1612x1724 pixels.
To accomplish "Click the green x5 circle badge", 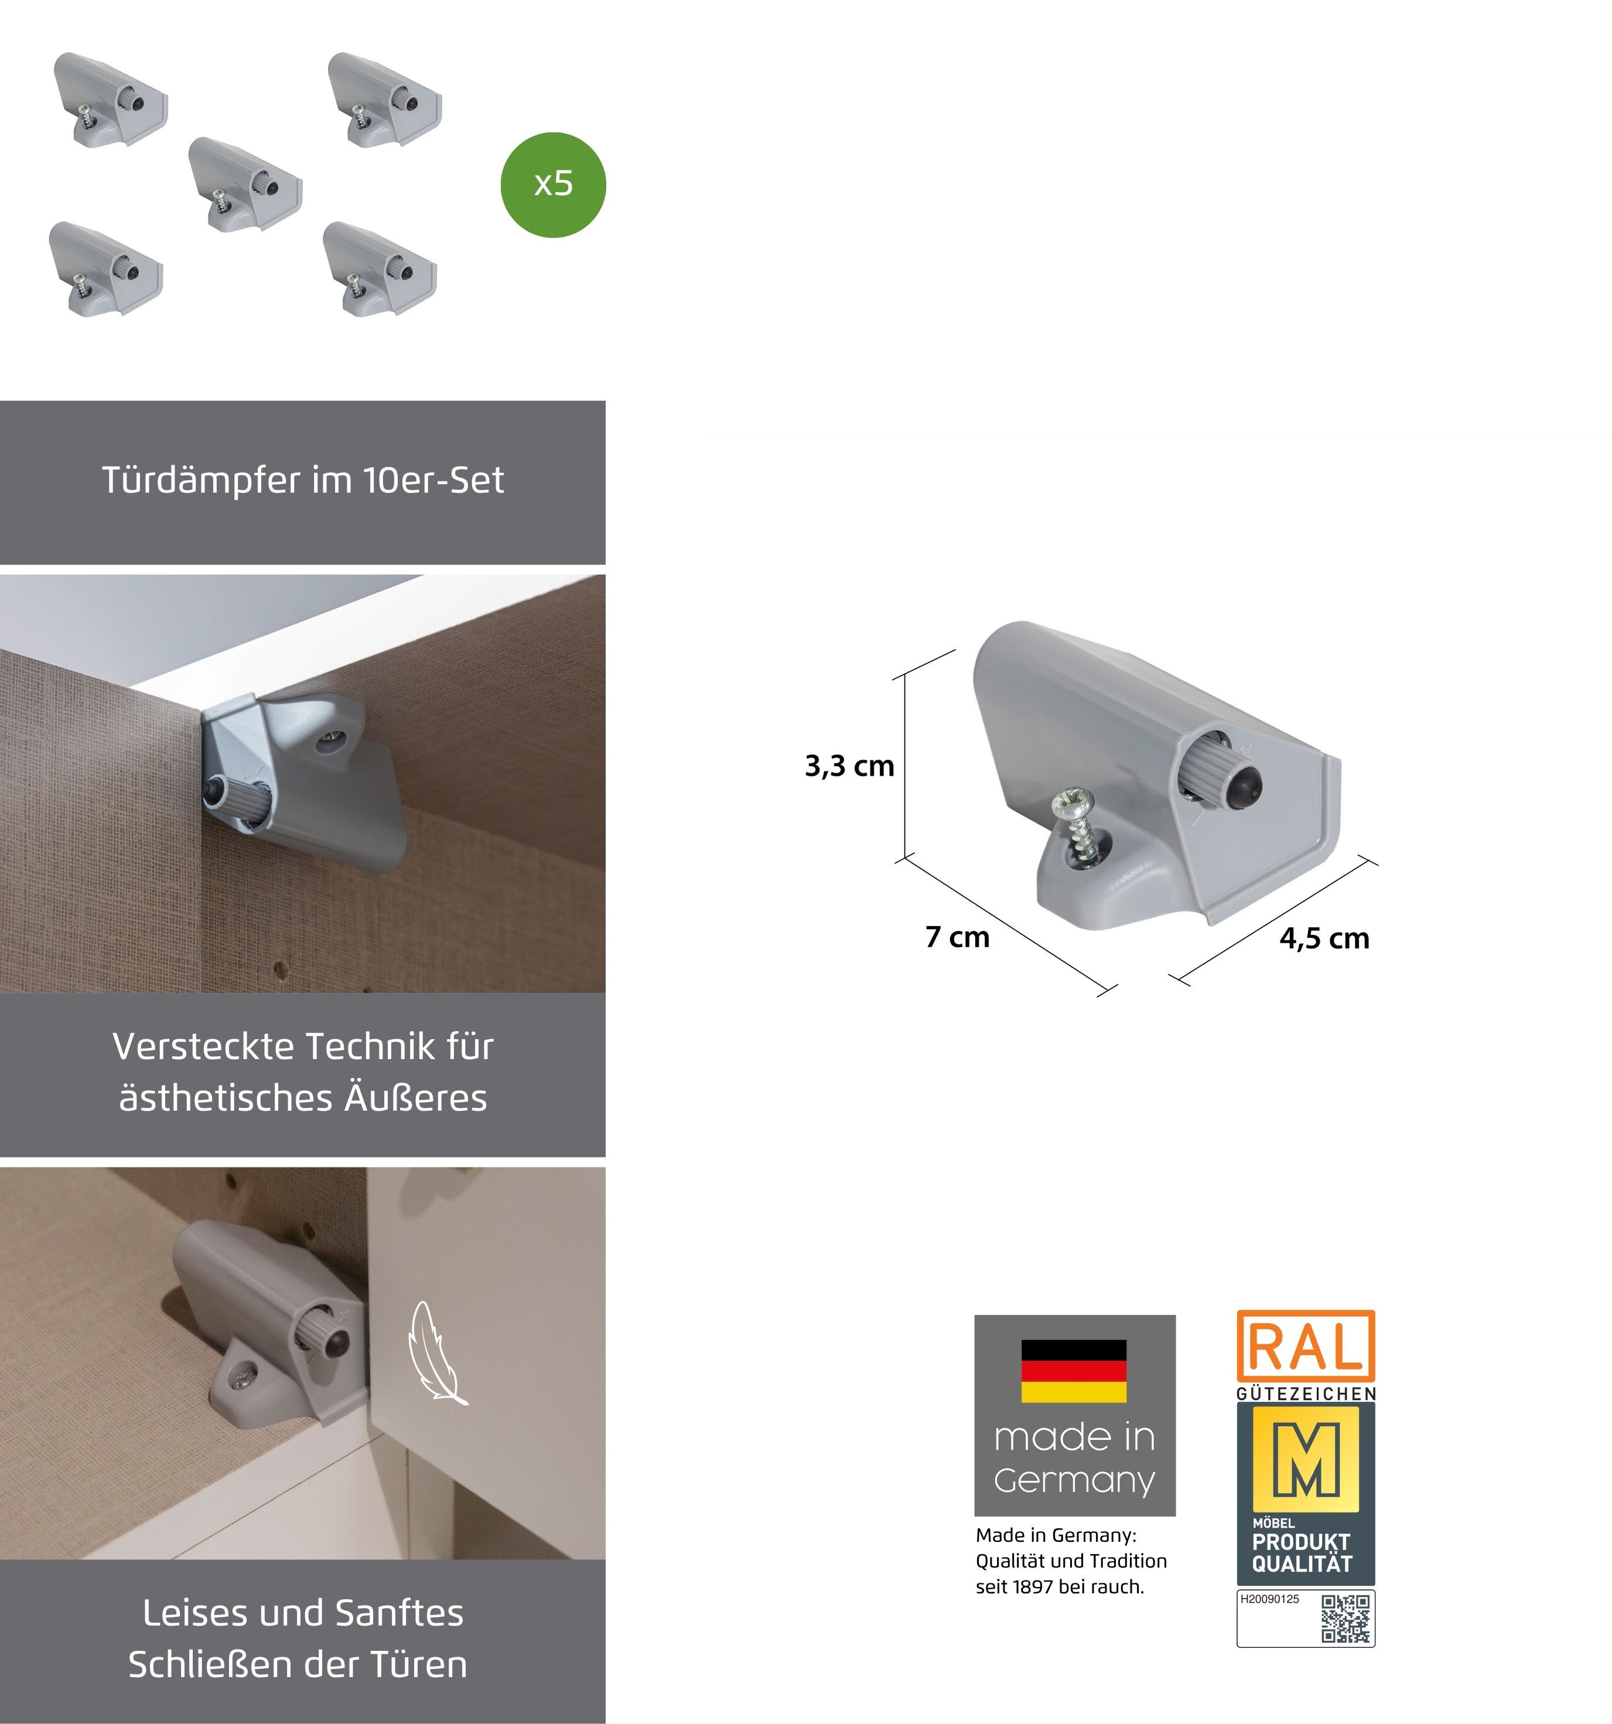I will (x=552, y=185).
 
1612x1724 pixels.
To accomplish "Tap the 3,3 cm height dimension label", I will (x=849, y=766).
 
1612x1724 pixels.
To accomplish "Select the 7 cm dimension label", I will (x=957, y=937).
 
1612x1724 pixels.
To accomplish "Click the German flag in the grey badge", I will (x=1074, y=1371).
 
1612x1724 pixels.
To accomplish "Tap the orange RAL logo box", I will (x=1305, y=1347).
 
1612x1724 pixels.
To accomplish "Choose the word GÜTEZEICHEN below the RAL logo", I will (x=1305, y=1394).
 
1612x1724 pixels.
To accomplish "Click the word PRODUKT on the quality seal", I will (x=1301, y=1542).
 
